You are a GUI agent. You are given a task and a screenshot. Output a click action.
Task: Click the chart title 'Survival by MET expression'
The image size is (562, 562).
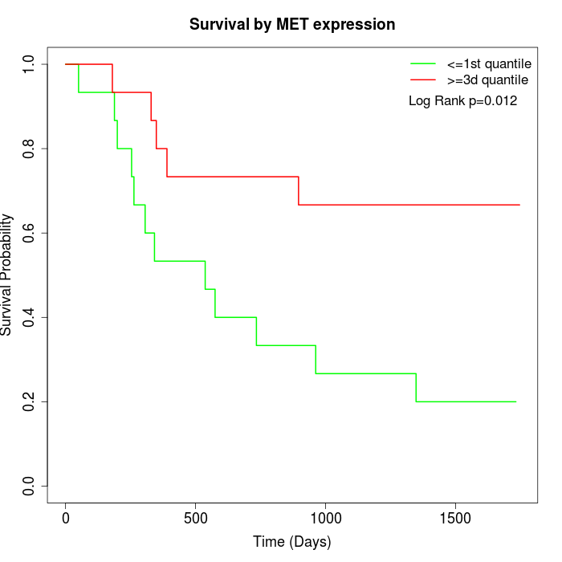click(292, 25)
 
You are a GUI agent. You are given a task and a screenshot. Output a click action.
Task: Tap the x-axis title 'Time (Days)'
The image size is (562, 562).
click(292, 542)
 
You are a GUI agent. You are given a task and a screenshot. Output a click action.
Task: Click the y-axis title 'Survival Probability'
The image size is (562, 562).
click(7, 275)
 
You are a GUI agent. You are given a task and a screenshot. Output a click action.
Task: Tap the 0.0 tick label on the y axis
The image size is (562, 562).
click(30, 486)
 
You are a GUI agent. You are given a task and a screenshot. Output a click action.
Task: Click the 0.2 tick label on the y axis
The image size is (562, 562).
click(30, 401)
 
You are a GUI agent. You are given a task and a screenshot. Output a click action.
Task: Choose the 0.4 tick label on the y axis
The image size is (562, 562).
click(30, 317)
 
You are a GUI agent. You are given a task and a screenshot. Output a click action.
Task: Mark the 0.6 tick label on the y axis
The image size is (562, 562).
click(30, 233)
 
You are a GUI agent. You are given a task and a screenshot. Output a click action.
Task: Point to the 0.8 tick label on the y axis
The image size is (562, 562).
click(30, 149)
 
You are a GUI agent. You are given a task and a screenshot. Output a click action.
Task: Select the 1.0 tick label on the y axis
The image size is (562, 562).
click(30, 64)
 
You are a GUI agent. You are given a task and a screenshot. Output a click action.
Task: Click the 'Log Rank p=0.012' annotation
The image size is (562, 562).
click(462, 101)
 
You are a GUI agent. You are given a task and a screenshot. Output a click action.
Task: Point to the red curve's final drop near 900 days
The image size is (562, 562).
click(299, 191)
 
